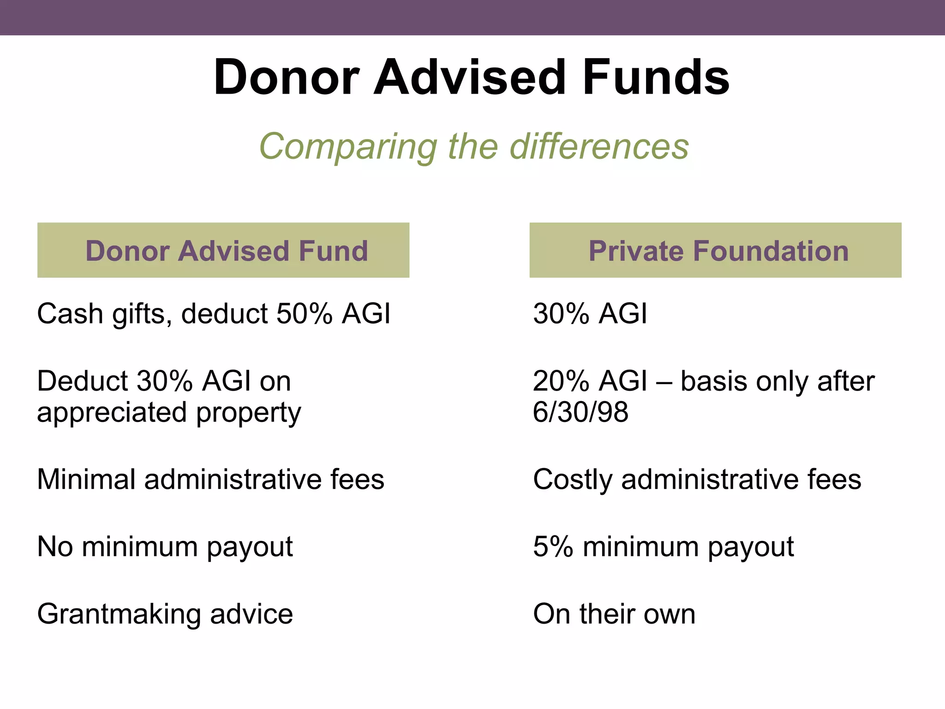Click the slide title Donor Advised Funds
[x=472, y=77]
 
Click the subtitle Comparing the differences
[x=474, y=146]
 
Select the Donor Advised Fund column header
[x=227, y=251]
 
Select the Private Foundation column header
[x=718, y=251]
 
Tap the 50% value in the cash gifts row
[x=304, y=314]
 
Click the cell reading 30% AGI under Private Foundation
[x=590, y=314]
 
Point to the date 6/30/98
[x=580, y=412]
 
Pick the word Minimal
[x=86, y=479]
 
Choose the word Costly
[x=572, y=480]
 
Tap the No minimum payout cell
[x=165, y=547]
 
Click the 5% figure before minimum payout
[x=553, y=547]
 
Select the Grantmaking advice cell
[x=165, y=614]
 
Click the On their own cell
[x=614, y=614]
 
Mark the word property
[x=249, y=413]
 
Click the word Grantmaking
[x=119, y=614]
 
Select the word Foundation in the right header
[x=771, y=251]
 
